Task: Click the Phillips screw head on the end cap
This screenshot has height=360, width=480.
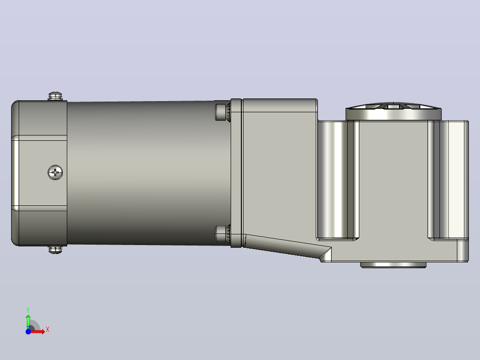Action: pos(55,172)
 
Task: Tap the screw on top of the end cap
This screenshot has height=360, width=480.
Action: pos(55,96)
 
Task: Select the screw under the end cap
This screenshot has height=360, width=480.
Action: pos(55,250)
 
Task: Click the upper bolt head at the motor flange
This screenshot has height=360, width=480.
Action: pos(223,112)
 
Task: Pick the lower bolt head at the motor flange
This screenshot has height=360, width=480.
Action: pos(223,233)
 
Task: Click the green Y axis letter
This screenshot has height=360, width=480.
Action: pos(28,310)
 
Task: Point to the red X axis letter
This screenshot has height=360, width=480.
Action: pos(48,330)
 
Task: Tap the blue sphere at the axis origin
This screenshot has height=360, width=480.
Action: pos(28,331)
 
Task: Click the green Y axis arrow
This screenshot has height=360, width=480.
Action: pos(28,321)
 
